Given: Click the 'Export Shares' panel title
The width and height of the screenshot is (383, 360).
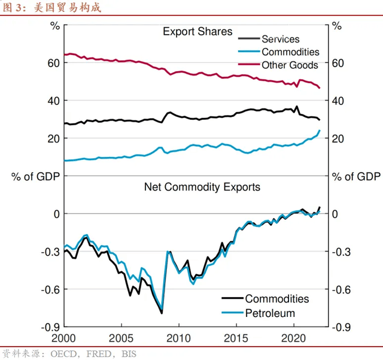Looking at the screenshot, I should pyautogui.click(x=197, y=32).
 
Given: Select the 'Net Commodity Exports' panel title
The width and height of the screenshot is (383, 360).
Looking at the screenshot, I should pyautogui.click(x=202, y=187).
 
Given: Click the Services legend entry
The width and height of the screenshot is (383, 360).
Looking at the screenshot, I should pyautogui.click(x=280, y=40).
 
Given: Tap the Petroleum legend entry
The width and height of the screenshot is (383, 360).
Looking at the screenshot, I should pyautogui.click(x=270, y=313).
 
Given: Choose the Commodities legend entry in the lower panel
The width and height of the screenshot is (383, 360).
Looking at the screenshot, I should pyautogui.click(x=276, y=299).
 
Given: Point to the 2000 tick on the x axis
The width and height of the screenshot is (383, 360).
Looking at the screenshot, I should pyautogui.click(x=63, y=338).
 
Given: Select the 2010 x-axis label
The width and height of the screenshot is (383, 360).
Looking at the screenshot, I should pyautogui.click(x=178, y=338).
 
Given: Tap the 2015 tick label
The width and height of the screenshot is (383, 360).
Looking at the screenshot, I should pyautogui.click(x=236, y=338).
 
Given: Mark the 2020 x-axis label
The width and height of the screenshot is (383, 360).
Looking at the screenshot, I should pyautogui.click(x=294, y=338).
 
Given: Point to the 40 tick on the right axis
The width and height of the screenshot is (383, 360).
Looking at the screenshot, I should pyautogui.click(x=338, y=101).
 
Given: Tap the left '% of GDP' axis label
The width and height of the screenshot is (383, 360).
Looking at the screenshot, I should pyautogui.click(x=37, y=176).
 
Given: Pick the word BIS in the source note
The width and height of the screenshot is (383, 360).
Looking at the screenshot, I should pyautogui.click(x=129, y=354).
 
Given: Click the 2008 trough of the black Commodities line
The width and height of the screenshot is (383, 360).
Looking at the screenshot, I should pyautogui.click(x=162, y=313).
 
